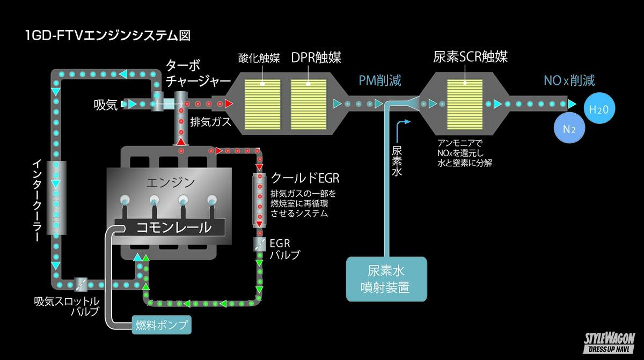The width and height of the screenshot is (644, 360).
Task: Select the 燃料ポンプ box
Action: tap(161, 325)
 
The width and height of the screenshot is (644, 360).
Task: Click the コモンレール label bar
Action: tap(168, 227)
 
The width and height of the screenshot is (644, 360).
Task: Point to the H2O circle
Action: tap(598, 109)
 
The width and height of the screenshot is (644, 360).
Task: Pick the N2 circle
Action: tap(570, 129)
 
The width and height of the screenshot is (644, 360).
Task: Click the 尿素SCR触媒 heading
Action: tap(470, 57)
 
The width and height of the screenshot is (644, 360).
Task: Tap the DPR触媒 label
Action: tap(316, 57)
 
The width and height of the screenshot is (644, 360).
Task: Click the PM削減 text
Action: tap(380, 81)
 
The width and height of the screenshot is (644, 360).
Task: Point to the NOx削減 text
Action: tap(569, 81)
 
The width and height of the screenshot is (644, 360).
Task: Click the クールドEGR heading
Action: tap(305, 178)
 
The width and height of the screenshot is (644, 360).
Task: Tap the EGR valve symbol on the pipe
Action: tap(260, 244)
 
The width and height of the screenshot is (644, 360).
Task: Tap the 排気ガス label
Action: tap(211, 121)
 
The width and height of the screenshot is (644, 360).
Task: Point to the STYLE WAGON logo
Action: tap(609, 341)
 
